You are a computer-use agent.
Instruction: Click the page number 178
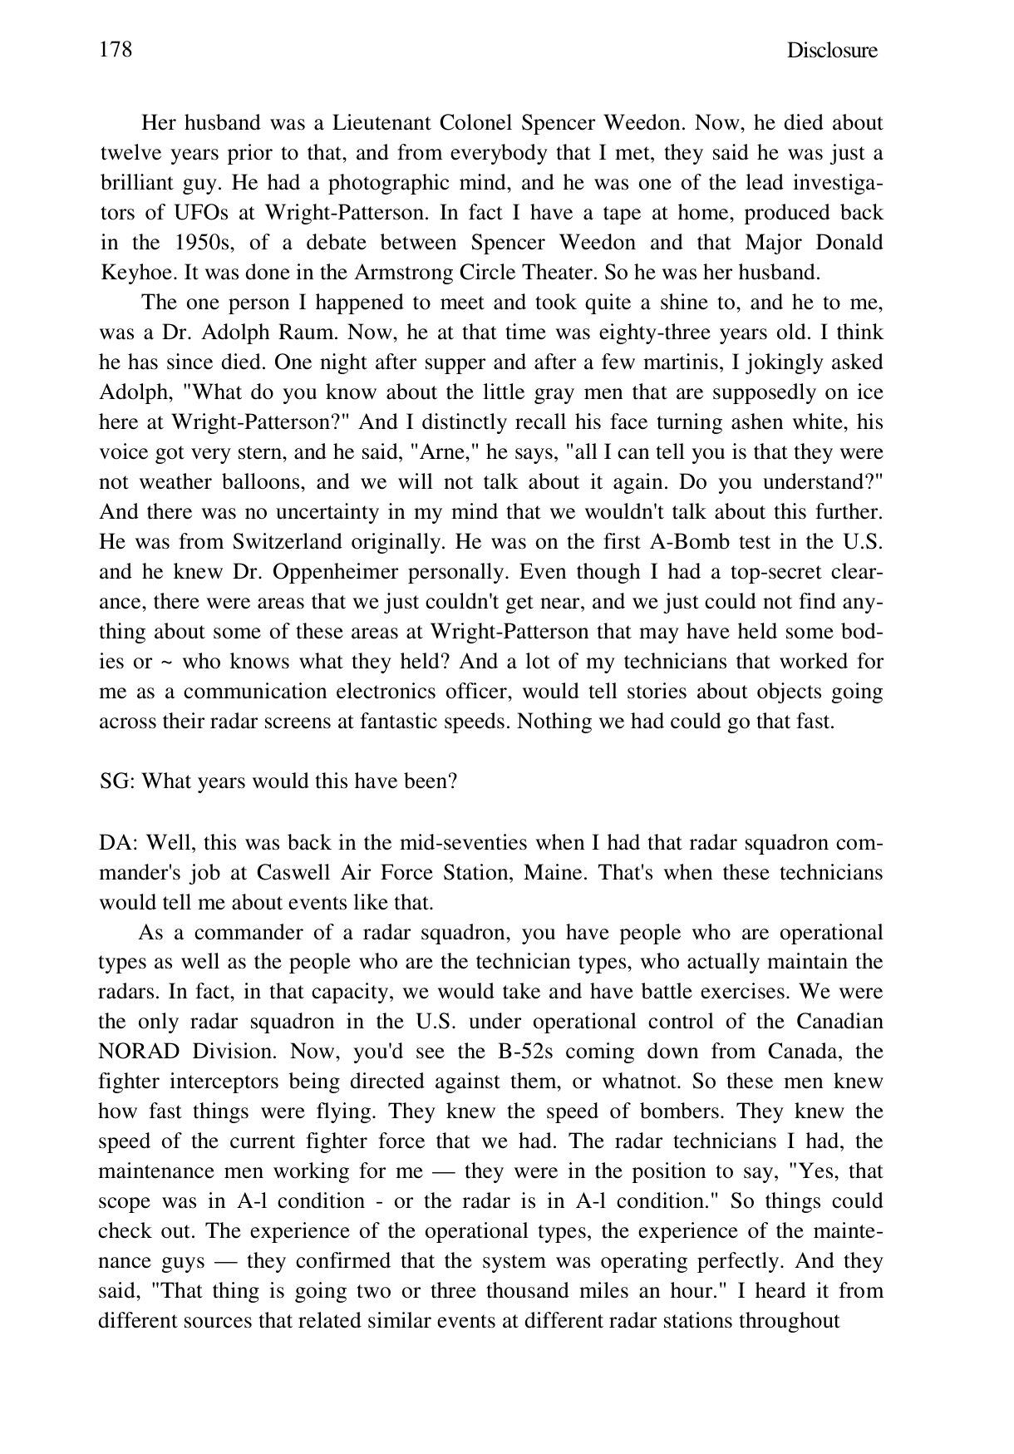tap(116, 50)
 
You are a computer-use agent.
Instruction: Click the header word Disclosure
tap(831, 51)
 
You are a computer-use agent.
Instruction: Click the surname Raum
tap(306, 333)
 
